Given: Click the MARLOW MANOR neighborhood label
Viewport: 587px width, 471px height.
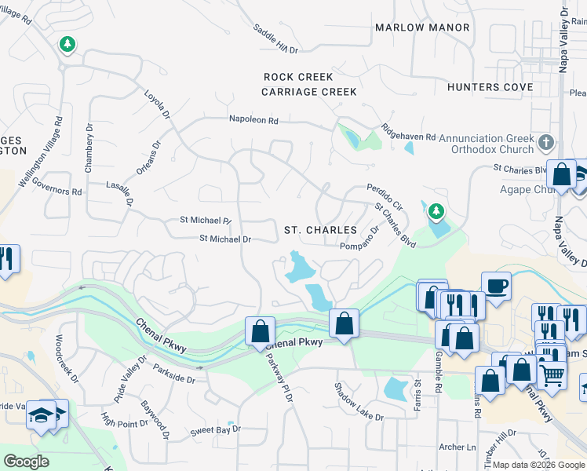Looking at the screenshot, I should point(422,27).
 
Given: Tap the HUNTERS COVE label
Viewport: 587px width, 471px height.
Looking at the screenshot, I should point(484,87).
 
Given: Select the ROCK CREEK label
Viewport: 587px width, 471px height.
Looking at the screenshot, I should point(298,77).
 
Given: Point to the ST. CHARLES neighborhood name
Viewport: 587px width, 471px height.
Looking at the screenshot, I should point(320,230).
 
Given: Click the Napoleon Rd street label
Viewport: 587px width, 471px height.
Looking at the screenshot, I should point(253,121).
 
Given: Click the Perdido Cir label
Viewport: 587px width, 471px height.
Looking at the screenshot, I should point(385,193).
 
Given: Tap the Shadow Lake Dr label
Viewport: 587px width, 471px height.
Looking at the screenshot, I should point(359,401).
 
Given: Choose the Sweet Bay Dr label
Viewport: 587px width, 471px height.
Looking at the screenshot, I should point(215,431).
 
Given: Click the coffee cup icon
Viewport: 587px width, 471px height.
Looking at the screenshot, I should point(496,286).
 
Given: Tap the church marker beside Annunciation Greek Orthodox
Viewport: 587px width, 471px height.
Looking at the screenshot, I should point(547,143).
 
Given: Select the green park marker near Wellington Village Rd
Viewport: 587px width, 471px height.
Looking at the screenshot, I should point(68,44).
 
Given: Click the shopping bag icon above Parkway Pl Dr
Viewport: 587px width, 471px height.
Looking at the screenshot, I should point(260,330).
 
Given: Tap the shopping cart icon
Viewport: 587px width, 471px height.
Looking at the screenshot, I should point(552,376).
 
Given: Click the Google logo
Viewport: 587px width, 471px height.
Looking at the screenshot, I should point(27,461).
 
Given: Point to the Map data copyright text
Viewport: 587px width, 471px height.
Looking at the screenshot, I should point(538,465).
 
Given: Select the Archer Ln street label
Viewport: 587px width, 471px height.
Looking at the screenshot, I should point(458,447).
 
